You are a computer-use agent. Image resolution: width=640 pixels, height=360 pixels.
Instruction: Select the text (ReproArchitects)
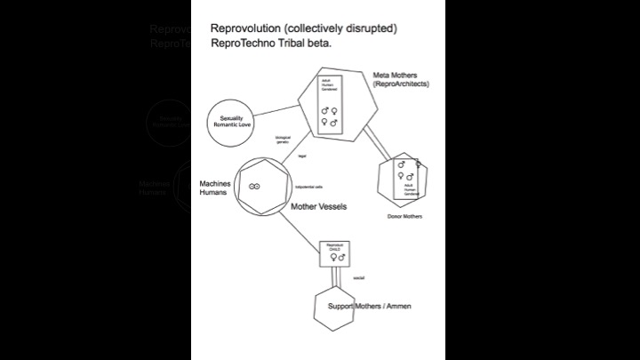click(x=401, y=84)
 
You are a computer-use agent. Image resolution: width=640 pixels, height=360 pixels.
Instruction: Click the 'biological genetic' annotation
click(x=283, y=140)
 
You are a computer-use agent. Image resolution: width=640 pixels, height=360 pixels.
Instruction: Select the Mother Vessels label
click(x=319, y=206)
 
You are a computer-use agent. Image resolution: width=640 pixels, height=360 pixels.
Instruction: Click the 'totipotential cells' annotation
click(x=309, y=188)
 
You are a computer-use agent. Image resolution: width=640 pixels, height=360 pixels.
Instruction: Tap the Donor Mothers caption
click(x=404, y=216)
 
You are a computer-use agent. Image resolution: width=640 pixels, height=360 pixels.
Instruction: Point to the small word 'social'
click(x=359, y=278)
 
